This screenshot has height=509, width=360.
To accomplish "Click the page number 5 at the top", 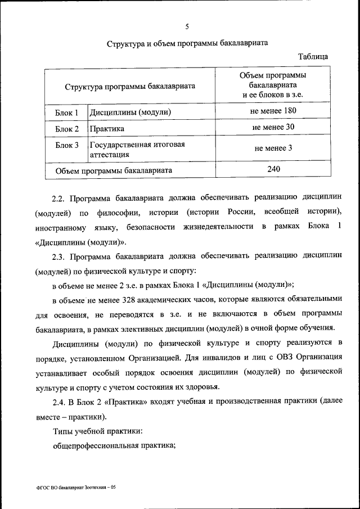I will point(187,26).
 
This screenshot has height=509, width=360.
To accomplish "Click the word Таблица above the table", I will point(313,56).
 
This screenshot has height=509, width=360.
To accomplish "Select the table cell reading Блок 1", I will point(66,112).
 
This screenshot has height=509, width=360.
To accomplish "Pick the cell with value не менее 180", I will point(273,111).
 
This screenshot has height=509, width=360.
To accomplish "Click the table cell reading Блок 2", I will point(66,129).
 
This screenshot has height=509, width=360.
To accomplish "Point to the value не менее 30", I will point(273,127).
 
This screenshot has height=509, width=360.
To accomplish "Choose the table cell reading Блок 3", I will point(66,145).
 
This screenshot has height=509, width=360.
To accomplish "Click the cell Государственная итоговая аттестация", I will point(137,149).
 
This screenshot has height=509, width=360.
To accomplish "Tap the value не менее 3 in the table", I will point(273,149).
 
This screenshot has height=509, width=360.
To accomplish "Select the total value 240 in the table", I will point(273,168).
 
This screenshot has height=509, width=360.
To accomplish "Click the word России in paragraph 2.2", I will point(227,213).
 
